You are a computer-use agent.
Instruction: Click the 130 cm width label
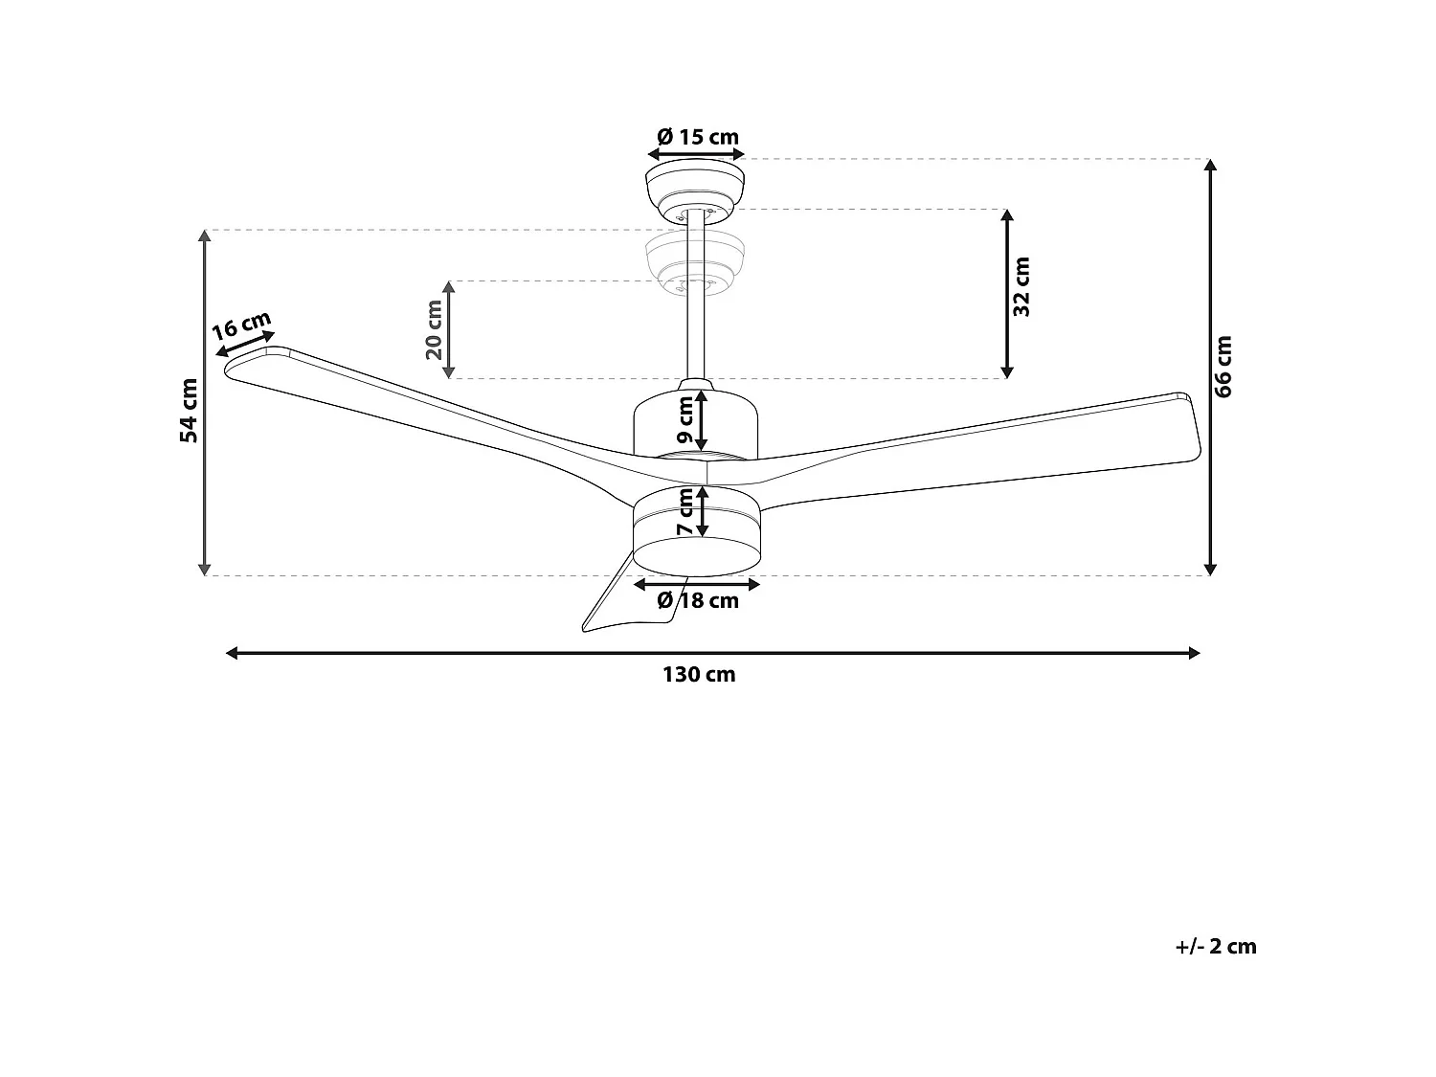(699, 675)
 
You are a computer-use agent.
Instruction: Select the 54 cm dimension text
(190, 410)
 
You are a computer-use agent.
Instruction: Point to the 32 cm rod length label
(1021, 287)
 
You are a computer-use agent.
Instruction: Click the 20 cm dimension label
(434, 329)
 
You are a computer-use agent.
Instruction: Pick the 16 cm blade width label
(241, 326)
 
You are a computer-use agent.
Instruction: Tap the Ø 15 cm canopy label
(698, 137)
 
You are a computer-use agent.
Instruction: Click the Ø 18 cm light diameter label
(698, 601)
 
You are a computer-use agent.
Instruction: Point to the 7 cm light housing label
(685, 512)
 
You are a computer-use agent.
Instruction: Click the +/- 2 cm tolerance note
(1215, 947)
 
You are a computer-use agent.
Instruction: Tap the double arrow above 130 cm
(712, 653)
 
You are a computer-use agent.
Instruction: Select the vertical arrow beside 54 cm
(204, 402)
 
